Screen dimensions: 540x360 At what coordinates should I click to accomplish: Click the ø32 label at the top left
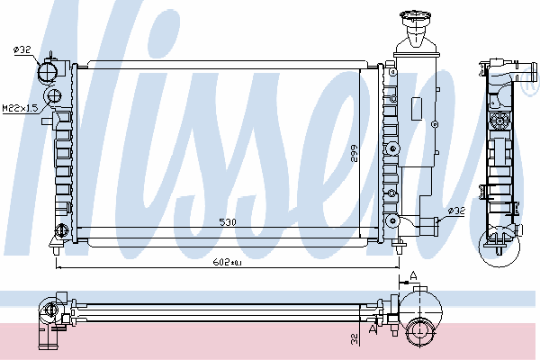(22, 50)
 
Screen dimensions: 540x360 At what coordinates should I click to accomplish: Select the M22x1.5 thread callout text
(20, 108)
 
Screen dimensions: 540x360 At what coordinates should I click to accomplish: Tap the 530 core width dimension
(228, 222)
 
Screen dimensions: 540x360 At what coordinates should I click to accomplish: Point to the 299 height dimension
(354, 153)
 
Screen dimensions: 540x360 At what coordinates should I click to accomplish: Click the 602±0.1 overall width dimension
(228, 263)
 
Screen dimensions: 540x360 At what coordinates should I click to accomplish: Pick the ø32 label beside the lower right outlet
(456, 211)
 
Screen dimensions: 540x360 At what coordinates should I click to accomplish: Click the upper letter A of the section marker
(414, 275)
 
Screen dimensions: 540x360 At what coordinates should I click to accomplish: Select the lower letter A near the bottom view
(373, 329)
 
